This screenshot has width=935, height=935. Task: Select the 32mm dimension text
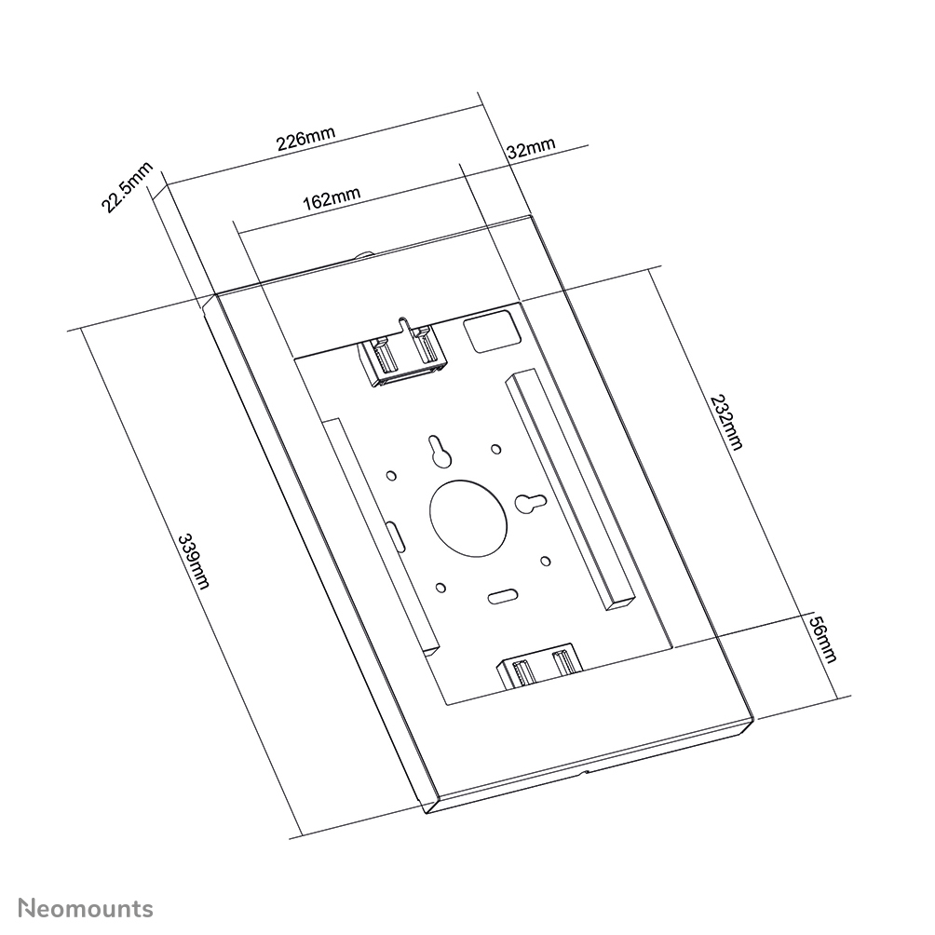tap(530, 148)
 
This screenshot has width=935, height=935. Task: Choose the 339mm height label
tap(194, 561)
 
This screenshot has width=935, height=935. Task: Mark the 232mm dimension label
tap(726, 422)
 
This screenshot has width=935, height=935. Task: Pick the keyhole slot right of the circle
tap(531, 503)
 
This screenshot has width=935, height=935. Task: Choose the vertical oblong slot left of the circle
tap(395, 536)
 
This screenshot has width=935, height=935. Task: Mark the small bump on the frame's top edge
tap(364, 254)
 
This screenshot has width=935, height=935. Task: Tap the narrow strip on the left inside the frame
tap(379, 531)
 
